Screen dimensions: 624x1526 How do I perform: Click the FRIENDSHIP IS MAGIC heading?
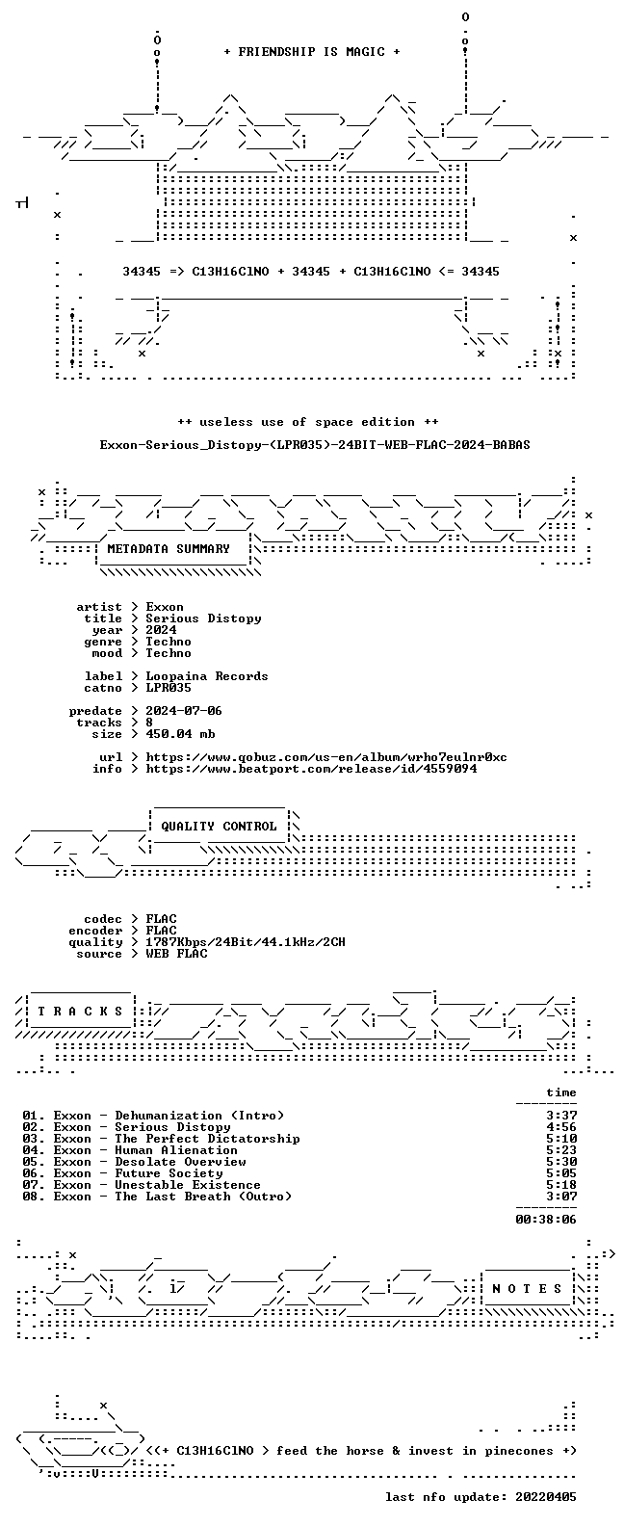(312, 52)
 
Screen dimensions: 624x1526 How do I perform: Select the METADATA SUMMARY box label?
(169, 548)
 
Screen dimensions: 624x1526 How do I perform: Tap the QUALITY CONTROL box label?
(219, 827)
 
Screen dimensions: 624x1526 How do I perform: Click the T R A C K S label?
(80, 1011)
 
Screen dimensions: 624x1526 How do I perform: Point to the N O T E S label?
(527, 1288)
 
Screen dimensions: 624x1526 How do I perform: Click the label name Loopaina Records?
(207, 676)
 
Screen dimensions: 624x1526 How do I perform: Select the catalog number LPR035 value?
(169, 688)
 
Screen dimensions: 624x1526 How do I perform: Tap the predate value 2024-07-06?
(184, 711)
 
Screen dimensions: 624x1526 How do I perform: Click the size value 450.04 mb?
(180, 734)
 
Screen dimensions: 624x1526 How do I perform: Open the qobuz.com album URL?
(326, 757)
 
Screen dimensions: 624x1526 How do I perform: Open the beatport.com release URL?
(311, 769)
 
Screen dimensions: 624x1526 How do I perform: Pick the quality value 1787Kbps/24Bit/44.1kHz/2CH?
(246, 942)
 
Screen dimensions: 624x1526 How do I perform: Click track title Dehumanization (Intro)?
(199, 1116)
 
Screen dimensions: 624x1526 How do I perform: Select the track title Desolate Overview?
(180, 1162)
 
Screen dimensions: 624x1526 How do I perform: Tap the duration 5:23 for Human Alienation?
(561, 1150)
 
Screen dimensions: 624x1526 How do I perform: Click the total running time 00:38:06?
(546, 1220)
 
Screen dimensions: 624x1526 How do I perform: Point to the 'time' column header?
(561, 1092)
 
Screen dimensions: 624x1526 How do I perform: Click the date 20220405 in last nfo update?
(546, 1497)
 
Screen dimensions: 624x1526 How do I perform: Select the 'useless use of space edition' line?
(307, 422)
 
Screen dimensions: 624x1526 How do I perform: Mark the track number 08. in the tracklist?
(34, 1197)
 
